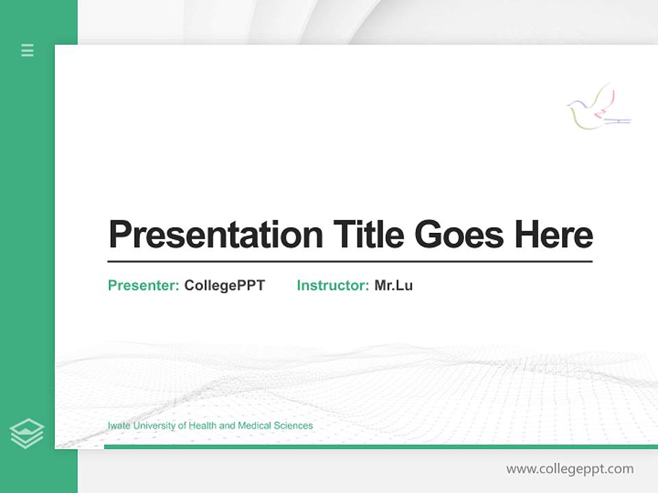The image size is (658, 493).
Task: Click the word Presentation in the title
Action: coord(216,235)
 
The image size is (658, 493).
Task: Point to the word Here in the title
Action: coord(553,235)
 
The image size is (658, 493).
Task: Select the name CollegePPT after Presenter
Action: coord(224,286)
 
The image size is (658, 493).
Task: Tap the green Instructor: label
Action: coord(333,286)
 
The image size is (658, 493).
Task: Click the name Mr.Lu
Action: coord(393,286)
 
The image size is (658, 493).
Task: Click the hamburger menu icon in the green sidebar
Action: coord(27,50)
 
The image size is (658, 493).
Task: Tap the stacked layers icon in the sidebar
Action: coord(27,433)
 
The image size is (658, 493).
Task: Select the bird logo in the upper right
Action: coord(598,108)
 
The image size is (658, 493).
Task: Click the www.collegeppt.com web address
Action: coord(570,469)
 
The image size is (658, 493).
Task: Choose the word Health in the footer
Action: coord(202,426)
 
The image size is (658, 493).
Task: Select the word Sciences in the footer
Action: coord(293,426)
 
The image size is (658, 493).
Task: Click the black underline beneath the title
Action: coord(350,262)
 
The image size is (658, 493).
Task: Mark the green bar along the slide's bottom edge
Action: coord(380,446)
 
